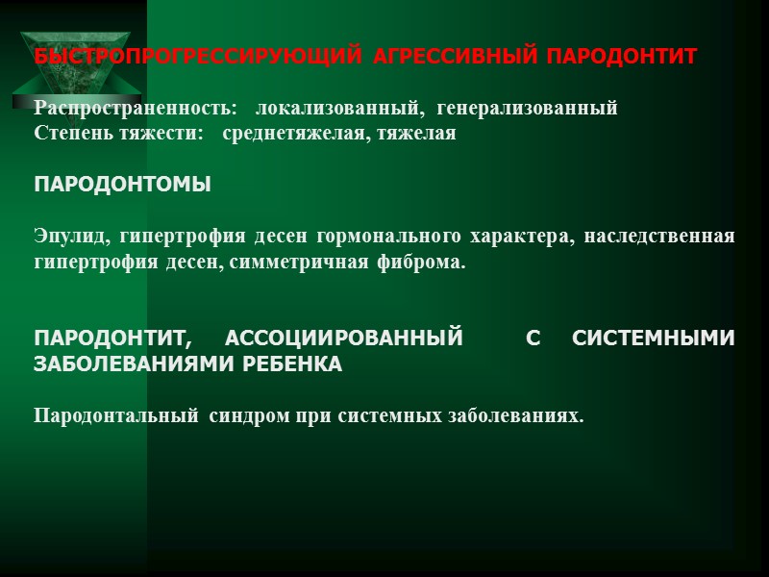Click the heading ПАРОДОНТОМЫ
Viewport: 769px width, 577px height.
122,184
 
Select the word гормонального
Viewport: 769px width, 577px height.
393,237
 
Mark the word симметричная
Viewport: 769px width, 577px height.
316,262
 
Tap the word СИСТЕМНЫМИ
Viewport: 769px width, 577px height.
654,339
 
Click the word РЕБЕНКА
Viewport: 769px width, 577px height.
290,364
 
